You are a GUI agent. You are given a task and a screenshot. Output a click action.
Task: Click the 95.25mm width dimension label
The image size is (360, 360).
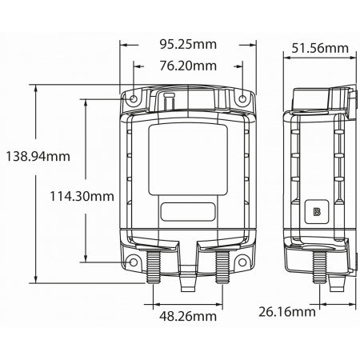[x=188, y=44]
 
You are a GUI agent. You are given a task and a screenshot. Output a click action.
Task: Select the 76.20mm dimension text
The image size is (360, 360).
[x=188, y=66]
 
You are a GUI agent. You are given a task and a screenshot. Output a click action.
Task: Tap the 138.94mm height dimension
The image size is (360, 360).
[x=38, y=156]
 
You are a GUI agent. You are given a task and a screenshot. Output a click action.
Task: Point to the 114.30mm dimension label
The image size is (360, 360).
[x=82, y=196]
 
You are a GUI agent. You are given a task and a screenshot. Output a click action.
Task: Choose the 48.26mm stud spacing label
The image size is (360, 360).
[x=188, y=316]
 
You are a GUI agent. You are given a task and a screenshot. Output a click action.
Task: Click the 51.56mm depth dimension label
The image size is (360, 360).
[x=320, y=49]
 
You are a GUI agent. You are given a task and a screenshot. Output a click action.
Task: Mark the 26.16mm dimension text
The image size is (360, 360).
[x=287, y=312]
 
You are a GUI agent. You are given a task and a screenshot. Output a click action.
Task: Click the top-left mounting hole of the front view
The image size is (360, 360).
[x=134, y=99]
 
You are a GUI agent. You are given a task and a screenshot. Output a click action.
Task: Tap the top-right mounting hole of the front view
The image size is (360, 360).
[x=242, y=99]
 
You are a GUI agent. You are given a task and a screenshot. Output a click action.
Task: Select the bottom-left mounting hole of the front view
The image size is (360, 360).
[x=134, y=262]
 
